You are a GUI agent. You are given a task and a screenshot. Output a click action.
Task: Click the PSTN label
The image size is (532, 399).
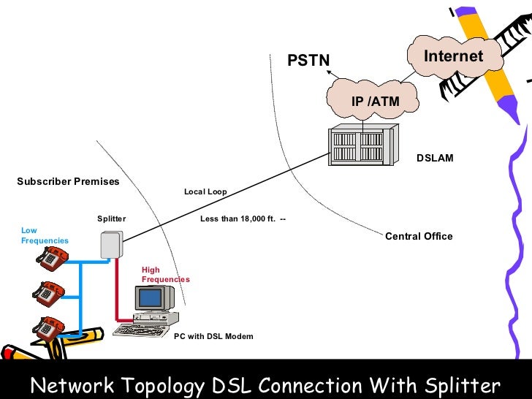308,61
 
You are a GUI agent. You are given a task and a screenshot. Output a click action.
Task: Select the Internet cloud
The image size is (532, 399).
453,56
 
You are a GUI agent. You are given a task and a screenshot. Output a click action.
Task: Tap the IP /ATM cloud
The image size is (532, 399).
375,101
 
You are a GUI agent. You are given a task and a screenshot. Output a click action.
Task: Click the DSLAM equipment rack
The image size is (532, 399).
362,145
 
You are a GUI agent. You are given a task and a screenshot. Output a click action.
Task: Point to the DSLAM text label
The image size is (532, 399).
435,158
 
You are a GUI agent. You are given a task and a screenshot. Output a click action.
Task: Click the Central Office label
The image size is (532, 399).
419,236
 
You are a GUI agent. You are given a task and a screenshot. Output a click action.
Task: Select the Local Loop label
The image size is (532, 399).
205,191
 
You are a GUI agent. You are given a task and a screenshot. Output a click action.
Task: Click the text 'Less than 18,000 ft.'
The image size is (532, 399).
238,218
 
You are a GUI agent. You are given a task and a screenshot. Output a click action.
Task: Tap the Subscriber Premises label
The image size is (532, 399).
68,181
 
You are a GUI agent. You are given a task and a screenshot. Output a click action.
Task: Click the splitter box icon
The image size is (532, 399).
110,244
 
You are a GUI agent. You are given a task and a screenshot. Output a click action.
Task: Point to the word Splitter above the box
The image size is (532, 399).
111,218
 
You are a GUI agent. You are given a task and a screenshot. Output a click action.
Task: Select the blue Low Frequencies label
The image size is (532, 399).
45,235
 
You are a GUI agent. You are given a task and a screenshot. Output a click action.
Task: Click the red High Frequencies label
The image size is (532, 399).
165,275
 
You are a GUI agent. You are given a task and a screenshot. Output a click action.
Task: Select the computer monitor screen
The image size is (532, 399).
151,297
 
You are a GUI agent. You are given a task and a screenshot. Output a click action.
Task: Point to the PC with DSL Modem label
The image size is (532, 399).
213,336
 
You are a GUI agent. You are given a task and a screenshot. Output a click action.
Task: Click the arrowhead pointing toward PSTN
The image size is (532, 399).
329,72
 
